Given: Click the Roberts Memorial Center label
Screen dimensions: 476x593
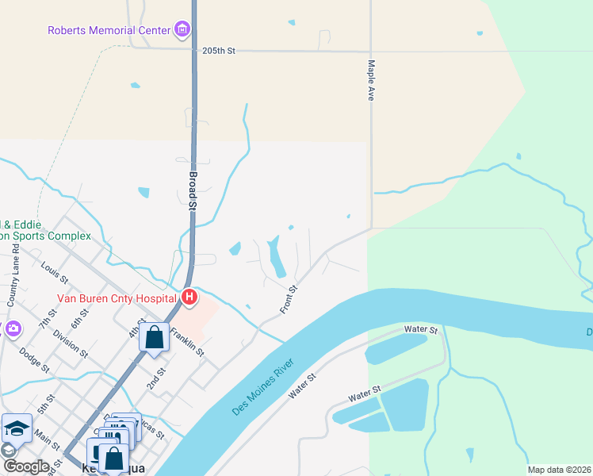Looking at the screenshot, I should (x=109, y=31).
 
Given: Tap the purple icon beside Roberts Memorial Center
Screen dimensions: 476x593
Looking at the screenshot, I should (x=182, y=31).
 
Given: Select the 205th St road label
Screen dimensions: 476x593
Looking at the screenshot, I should (x=219, y=51).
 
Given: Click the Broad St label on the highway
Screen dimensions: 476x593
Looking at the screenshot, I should (x=193, y=190).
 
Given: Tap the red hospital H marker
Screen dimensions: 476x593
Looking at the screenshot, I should (x=189, y=297).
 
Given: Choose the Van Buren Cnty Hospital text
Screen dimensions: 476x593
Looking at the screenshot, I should (x=116, y=298).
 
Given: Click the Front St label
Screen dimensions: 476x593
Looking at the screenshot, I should (x=289, y=298).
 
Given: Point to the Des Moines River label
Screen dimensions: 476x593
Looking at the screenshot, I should (x=263, y=388).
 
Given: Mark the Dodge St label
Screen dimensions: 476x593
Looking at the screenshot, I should (x=34, y=360).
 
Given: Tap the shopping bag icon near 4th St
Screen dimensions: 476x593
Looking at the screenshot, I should (x=155, y=337).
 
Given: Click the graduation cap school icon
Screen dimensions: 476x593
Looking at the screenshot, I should (x=17, y=429).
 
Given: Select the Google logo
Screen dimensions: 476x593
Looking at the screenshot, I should (x=26, y=466).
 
